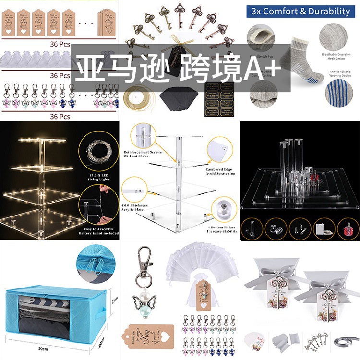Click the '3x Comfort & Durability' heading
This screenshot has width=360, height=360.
click(x=298, y=11)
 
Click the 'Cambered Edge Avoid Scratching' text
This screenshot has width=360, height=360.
click(x=220, y=171)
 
